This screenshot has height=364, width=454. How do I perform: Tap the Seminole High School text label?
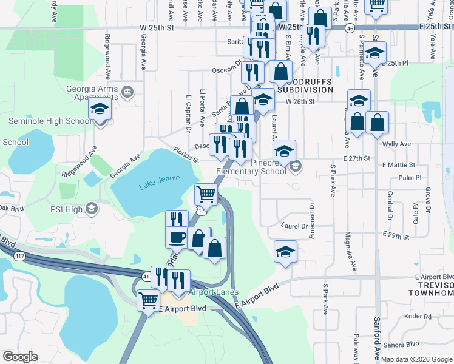(50, 121)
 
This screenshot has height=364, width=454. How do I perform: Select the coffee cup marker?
(177, 237)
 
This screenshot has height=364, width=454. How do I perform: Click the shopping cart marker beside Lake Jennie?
(206, 195)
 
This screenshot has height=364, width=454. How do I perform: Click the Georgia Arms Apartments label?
(91, 93)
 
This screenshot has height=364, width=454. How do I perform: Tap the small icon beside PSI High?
(91, 210)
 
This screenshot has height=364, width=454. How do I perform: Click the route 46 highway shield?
(350, 28)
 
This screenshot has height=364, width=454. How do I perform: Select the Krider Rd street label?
(418, 316)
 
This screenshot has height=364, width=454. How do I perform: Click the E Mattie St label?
(399, 164)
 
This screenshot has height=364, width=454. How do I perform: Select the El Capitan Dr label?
(188, 113)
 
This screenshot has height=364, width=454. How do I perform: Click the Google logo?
(20, 357)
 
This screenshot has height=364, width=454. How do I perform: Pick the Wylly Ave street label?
(397, 144)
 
